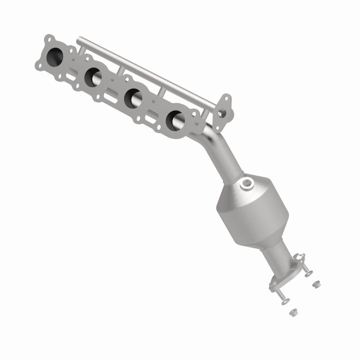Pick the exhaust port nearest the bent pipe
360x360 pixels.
click(175, 118)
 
